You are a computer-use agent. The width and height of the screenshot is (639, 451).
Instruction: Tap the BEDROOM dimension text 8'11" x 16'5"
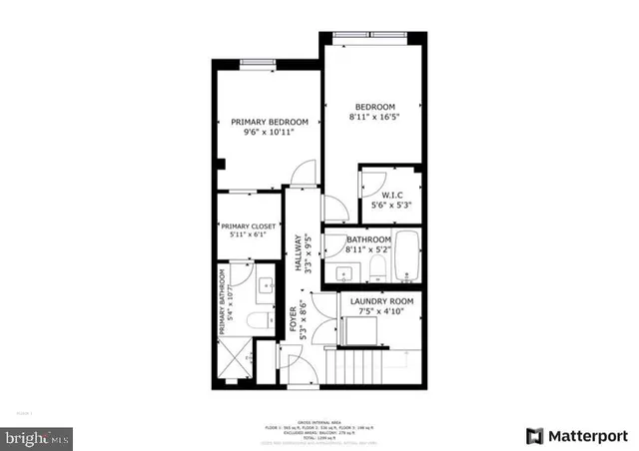tap(374, 118)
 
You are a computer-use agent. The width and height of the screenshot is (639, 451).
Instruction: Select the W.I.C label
tap(390, 195)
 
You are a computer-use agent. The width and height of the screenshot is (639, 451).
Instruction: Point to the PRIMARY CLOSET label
tap(250, 225)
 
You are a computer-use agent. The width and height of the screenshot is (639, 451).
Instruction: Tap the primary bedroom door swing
tap(299, 176)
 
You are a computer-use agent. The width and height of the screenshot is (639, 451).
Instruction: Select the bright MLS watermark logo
tap(37, 438)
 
